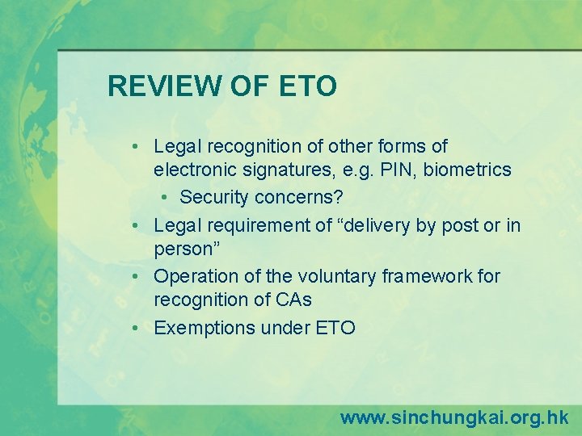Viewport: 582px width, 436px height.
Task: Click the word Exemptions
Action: [x=204, y=328]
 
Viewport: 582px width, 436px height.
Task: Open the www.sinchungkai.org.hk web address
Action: [x=454, y=417]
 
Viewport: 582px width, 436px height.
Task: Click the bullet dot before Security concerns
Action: [x=165, y=198]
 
